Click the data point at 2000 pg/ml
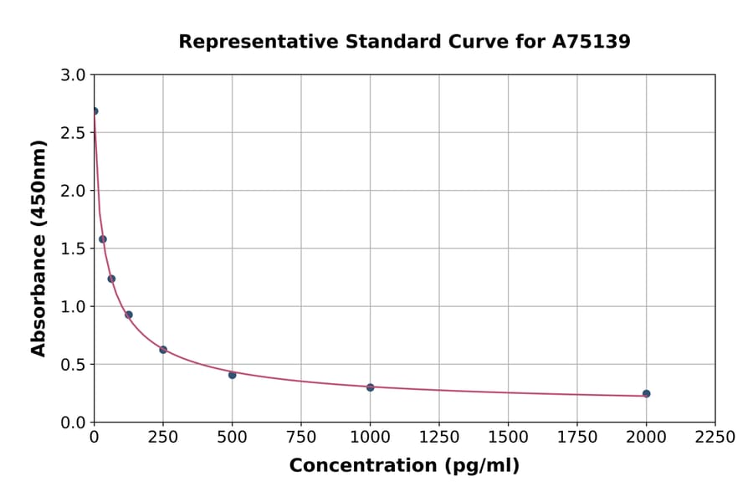(646, 393)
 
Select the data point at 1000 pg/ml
(370, 387)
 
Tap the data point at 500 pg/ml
(232, 375)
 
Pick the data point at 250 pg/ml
(163, 350)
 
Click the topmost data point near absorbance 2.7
(95, 111)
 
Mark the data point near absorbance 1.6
(103, 239)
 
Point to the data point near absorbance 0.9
(129, 315)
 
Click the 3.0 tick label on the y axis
(74, 75)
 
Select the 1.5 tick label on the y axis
(74, 248)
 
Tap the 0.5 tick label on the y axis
(74, 364)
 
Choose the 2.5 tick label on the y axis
(74, 133)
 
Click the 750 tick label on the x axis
(301, 437)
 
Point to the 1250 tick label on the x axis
(439, 437)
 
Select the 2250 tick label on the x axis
(715, 437)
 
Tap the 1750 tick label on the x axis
(577, 437)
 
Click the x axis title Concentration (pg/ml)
(404, 466)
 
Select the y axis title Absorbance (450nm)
(38, 248)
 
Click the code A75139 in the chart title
(591, 42)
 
